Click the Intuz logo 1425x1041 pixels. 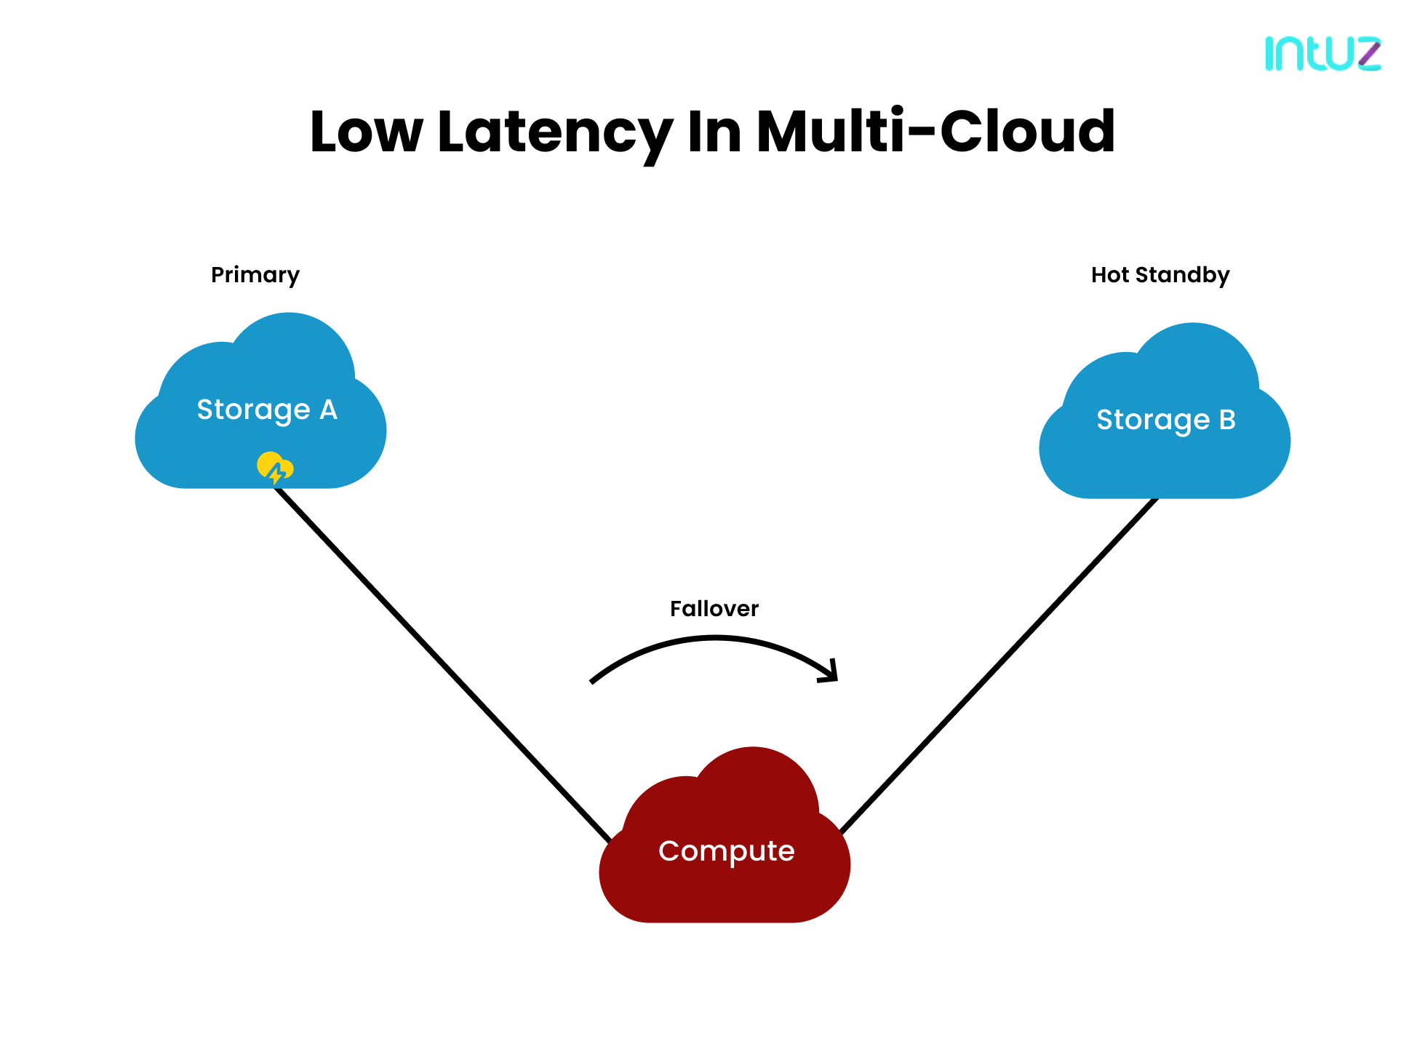pyautogui.click(x=1322, y=54)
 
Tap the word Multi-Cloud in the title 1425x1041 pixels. pyautogui.click(x=935, y=132)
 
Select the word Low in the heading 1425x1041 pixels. pyautogui.click(x=366, y=132)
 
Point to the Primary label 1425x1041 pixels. pyautogui.click(x=255, y=275)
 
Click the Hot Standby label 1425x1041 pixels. pyautogui.click(x=1159, y=275)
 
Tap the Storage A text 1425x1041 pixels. pyautogui.click(x=267, y=410)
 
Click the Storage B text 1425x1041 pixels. pyautogui.click(x=1165, y=420)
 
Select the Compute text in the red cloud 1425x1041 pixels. pyautogui.click(x=726, y=851)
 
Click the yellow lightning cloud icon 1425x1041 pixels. pyautogui.click(x=275, y=468)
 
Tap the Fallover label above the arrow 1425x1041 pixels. pyautogui.click(x=714, y=609)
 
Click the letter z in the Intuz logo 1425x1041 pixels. pyautogui.click(x=1366, y=55)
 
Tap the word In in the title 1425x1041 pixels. pyautogui.click(x=714, y=132)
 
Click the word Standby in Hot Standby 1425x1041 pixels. pyautogui.click(x=1182, y=275)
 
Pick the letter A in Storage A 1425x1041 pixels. pyautogui.click(x=329, y=410)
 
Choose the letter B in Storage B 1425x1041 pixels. pyautogui.click(x=1227, y=420)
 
